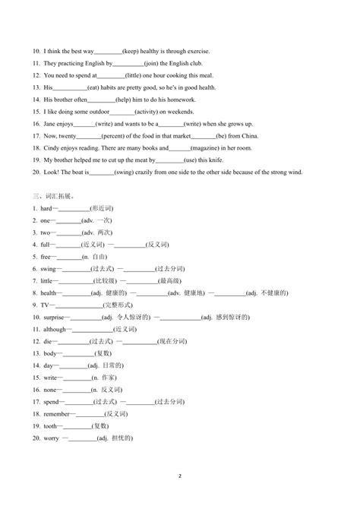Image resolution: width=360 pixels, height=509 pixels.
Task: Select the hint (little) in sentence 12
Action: click(134, 75)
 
